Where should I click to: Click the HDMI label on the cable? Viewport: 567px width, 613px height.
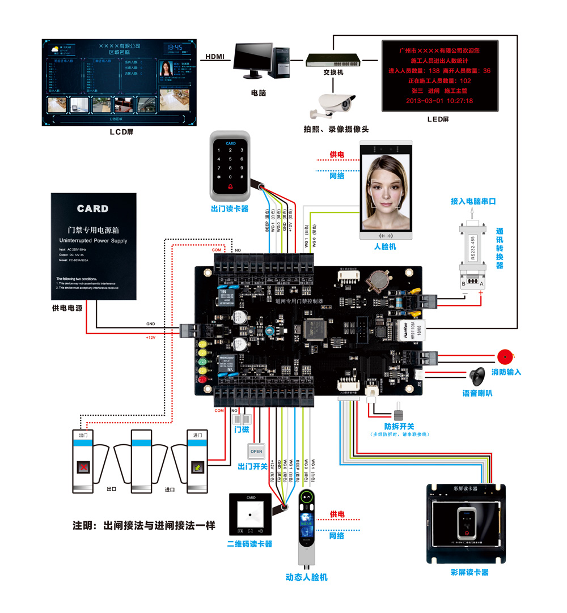point(215,56)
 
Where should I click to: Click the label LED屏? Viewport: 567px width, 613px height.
point(438,119)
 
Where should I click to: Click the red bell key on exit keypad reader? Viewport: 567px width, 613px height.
point(230,186)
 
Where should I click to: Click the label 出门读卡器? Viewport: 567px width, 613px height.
point(229,208)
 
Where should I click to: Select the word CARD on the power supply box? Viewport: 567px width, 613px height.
point(92,208)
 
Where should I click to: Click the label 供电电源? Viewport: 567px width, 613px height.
point(67,309)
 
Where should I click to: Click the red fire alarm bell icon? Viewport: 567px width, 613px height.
point(505,357)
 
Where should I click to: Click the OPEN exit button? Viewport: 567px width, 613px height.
point(256,452)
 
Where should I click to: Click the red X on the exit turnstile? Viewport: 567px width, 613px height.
point(84,467)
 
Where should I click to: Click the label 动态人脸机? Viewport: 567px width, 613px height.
point(306,577)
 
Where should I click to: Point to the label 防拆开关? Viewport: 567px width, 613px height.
point(399,426)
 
